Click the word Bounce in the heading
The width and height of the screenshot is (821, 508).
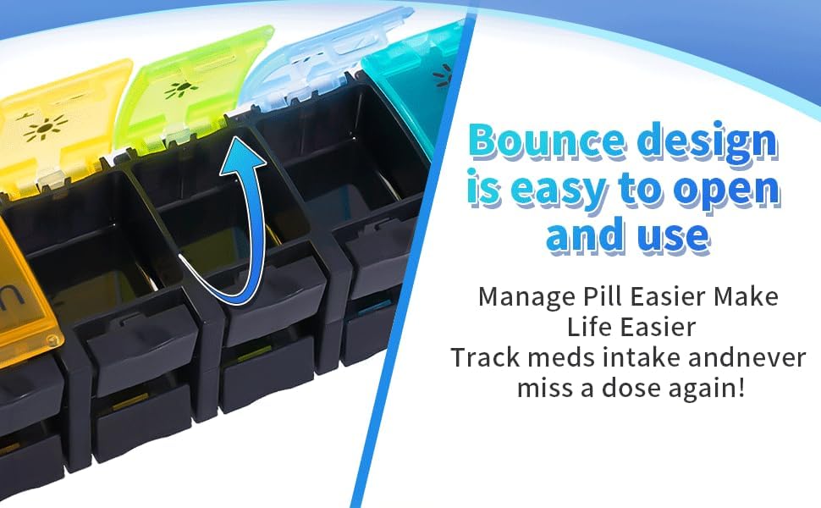click(547, 141)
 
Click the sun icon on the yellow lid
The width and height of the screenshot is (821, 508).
click(46, 127)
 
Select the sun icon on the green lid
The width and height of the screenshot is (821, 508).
click(180, 90)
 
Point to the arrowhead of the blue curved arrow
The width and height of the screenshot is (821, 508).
click(243, 153)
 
